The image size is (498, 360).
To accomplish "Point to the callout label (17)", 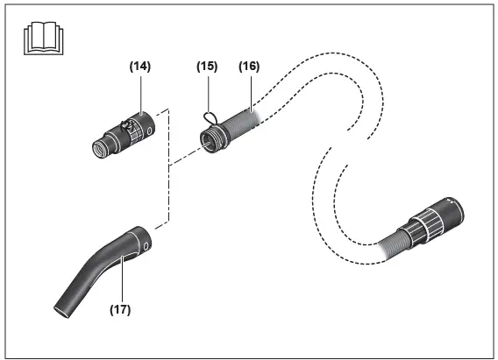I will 120,308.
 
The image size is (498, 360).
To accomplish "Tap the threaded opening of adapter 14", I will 97,149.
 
